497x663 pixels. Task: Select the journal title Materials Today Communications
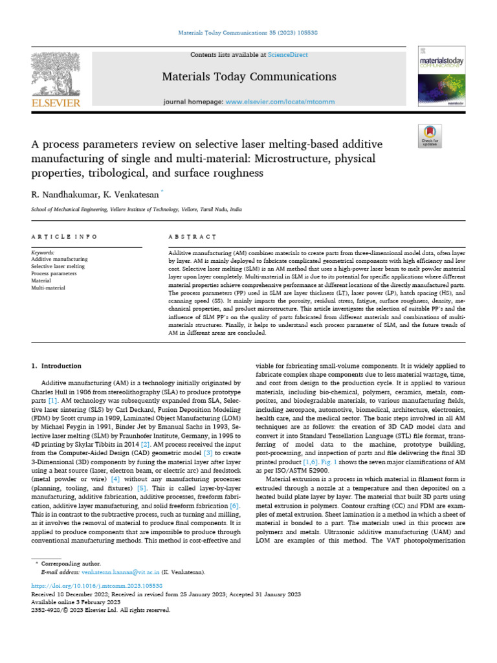248,77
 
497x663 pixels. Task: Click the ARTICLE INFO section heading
65,238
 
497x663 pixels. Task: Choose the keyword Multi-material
49,287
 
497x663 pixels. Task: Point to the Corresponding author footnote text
73,564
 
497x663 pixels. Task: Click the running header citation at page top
248,32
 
